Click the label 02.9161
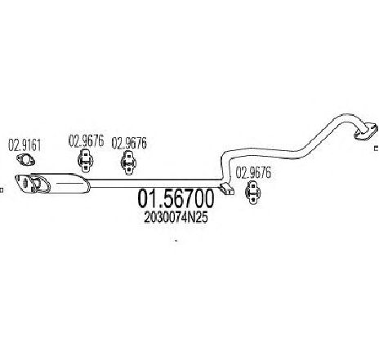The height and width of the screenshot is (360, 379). click(x=25, y=145)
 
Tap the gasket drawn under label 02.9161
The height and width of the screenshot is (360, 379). click(x=25, y=160)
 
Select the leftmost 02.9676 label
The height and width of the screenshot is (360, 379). click(x=87, y=141)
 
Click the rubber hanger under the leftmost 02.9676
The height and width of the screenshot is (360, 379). click(x=86, y=161)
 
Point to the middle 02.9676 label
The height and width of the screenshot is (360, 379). click(x=129, y=143)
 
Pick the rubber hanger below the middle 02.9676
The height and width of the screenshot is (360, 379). click(x=128, y=162)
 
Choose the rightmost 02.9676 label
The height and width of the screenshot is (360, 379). click(x=253, y=172)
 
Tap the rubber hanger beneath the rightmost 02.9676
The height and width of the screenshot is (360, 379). click(x=253, y=192)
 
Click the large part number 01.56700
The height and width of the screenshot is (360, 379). click(x=176, y=198)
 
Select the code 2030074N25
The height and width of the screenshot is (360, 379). click(x=176, y=217)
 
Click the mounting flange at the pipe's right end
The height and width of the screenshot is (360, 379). click(x=366, y=131)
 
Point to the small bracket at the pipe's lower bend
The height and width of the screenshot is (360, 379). click(x=226, y=189)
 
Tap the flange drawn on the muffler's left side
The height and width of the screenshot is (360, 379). click(x=40, y=184)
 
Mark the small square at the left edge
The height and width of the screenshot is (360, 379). click(x=2, y=189)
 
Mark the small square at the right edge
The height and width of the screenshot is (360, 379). click(x=377, y=149)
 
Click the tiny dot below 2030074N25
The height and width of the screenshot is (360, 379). click(x=176, y=241)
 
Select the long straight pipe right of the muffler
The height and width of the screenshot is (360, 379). click(x=154, y=184)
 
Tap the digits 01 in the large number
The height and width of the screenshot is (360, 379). click(x=147, y=198)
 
